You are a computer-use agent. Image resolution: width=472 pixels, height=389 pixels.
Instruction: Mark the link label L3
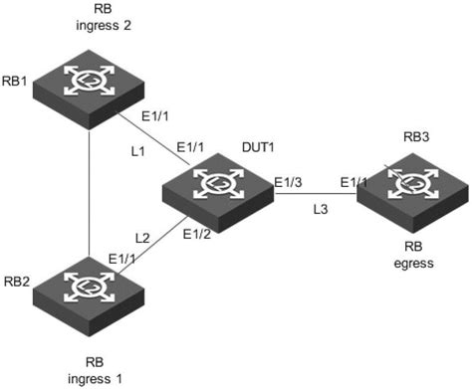point(319,209)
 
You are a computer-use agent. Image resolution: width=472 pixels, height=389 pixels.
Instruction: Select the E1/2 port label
point(197,235)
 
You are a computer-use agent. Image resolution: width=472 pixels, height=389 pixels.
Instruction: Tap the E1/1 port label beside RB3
point(354,181)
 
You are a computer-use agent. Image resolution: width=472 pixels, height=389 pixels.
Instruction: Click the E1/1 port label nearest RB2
point(121,258)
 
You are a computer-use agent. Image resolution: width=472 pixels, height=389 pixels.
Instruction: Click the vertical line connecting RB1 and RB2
point(89,189)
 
